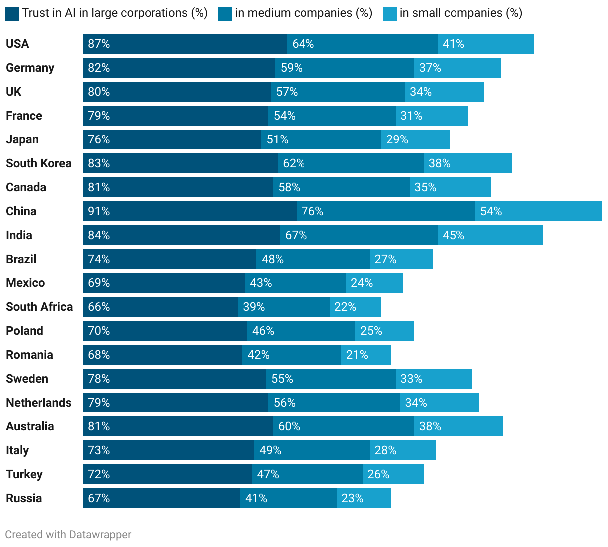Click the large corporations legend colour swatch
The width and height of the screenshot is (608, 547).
[12, 14]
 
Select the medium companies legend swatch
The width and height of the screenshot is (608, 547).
[225, 14]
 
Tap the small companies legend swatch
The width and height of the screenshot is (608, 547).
[390, 14]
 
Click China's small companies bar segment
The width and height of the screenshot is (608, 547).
[538, 211]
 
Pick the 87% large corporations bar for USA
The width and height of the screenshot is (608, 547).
[184, 44]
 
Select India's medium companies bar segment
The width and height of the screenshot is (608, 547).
[359, 235]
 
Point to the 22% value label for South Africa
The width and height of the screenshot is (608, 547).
[345, 307]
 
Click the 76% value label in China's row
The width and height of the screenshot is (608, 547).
[312, 211]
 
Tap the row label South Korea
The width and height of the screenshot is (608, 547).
[39, 163]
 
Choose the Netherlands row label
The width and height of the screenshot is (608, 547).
[39, 403]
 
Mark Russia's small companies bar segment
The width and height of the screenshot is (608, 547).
[364, 498]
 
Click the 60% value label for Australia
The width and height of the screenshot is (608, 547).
[289, 426]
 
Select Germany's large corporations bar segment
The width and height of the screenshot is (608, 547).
[178, 68]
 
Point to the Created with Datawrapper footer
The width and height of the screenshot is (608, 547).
[68, 535]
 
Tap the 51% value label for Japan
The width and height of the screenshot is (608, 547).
[277, 139]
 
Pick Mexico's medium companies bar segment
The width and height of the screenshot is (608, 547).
[295, 283]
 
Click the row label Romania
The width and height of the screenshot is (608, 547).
[29, 355]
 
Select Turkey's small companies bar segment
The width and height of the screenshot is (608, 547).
[393, 474]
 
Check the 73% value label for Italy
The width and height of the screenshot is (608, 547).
[99, 450]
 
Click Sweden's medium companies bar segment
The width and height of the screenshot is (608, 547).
[331, 379]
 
